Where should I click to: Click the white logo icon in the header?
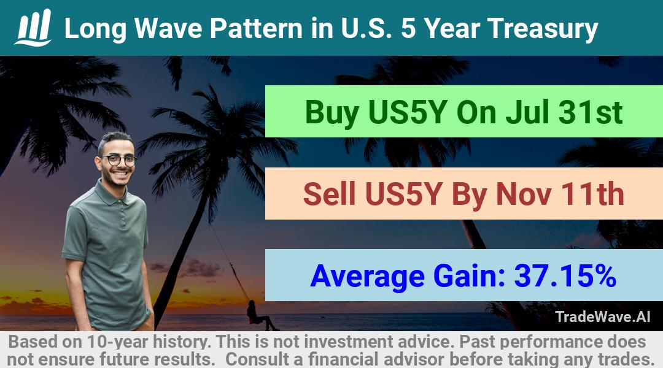pos(33,28)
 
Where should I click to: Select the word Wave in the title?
pos(168,28)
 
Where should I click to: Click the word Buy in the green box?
pos(332,113)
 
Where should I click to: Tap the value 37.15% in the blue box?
pos(565,276)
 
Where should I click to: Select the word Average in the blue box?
pos(368,277)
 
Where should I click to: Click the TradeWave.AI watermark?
pos(603,316)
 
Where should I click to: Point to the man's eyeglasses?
pos(119,160)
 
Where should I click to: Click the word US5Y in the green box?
pos(408,112)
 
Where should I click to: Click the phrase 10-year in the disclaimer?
pos(118,342)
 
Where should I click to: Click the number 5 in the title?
pos(408,28)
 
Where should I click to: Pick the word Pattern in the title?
pos(256,28)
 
